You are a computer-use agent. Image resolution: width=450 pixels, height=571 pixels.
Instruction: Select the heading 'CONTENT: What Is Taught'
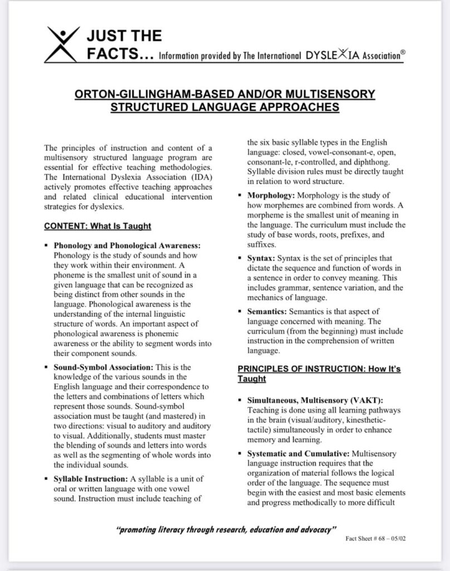click(x=97, y=226)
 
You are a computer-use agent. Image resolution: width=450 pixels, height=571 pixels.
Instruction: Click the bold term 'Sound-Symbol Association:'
click(x=103, y=367)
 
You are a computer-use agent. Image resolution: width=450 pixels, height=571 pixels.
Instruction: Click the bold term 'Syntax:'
click(x=260, y=258)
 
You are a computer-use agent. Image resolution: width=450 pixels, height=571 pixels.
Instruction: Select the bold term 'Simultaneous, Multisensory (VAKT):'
click(x=315, y=400)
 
